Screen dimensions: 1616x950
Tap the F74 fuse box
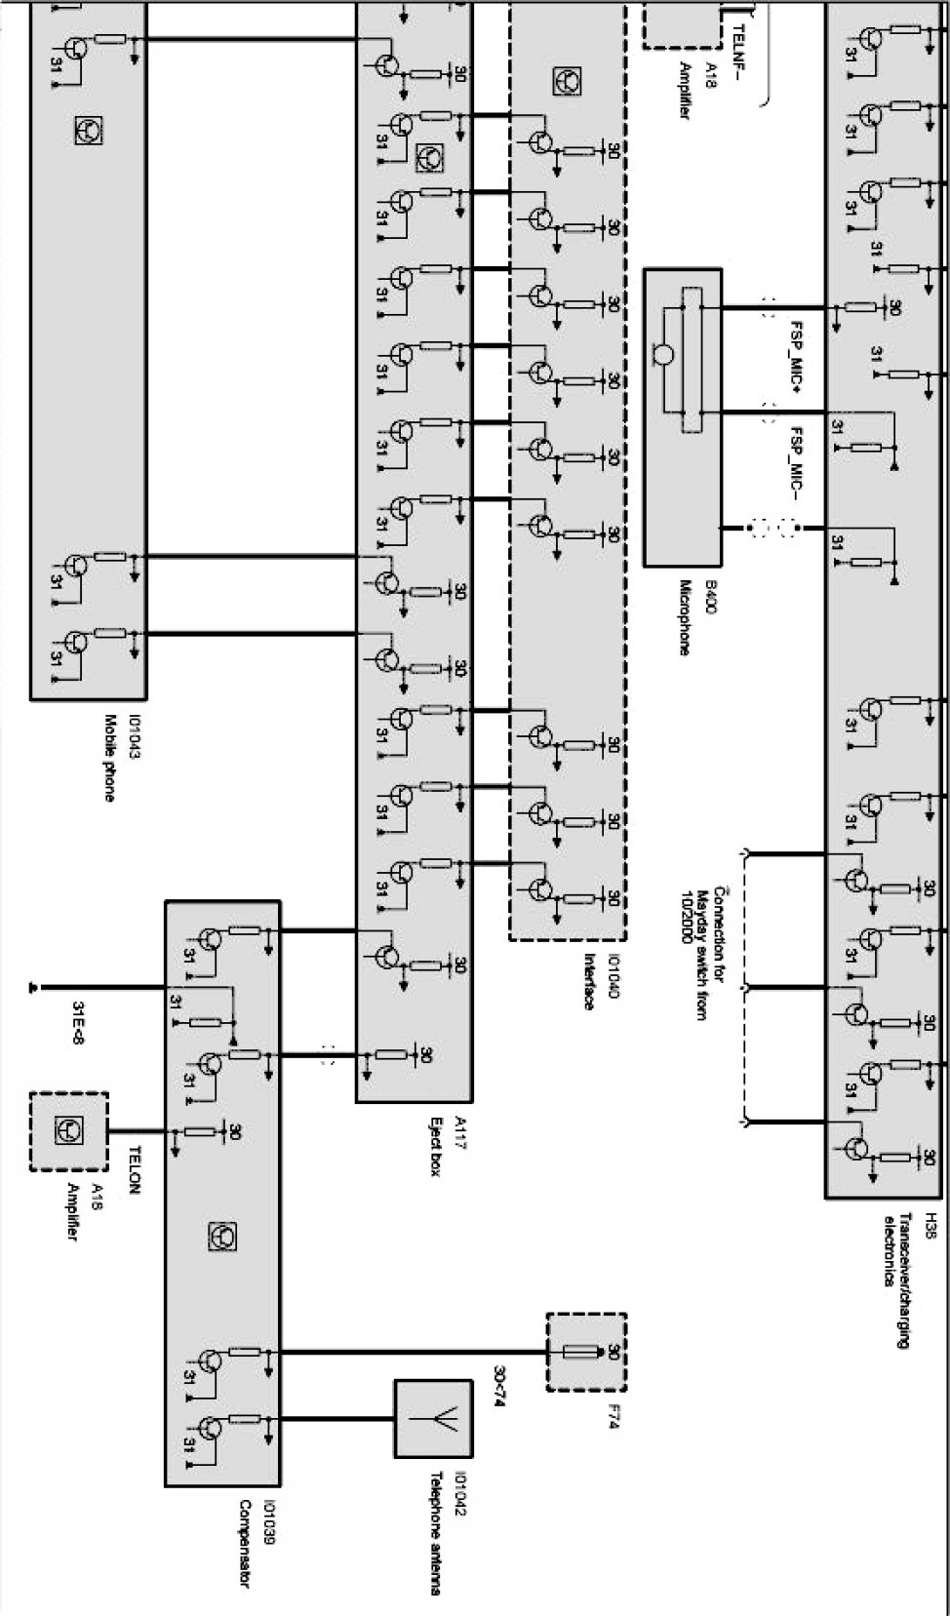(x=585, y=1353)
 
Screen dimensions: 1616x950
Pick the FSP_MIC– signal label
(x=796, y=461)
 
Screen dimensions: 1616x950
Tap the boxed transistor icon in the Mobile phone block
(x=88, y=130)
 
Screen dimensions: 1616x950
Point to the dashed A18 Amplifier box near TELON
(x=69, y=1131)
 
